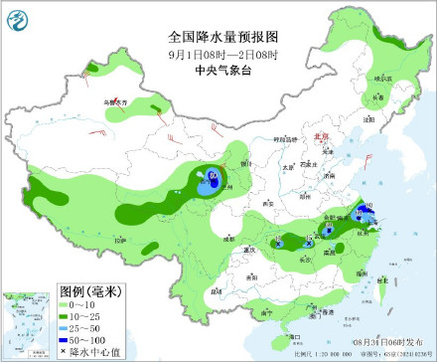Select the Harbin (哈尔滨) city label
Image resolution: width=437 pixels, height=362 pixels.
(x=378, y=77)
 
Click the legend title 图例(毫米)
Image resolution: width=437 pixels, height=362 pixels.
(x=90, y=291)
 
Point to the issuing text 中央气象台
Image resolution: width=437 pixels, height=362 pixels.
(x=218, y=70)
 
